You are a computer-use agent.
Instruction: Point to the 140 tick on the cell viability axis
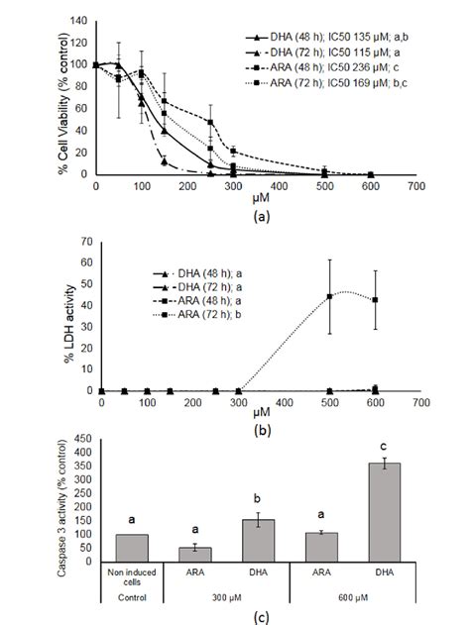[x=80, y=20]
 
